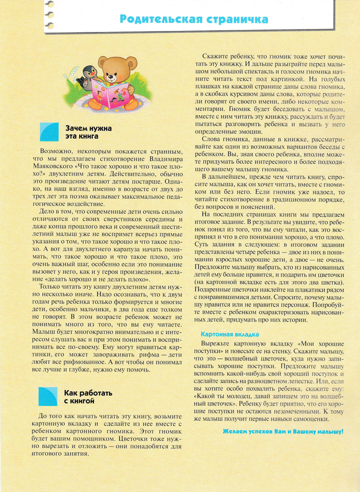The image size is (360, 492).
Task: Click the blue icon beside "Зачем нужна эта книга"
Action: (x=48, y=132)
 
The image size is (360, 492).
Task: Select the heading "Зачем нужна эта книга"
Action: (x=88, y=132)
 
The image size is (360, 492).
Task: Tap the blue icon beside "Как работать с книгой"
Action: (x=48, y=396)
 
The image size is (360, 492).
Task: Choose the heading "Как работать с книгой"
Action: (x=87, y=396)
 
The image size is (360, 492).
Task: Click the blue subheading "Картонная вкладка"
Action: (x=229, y=333)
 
